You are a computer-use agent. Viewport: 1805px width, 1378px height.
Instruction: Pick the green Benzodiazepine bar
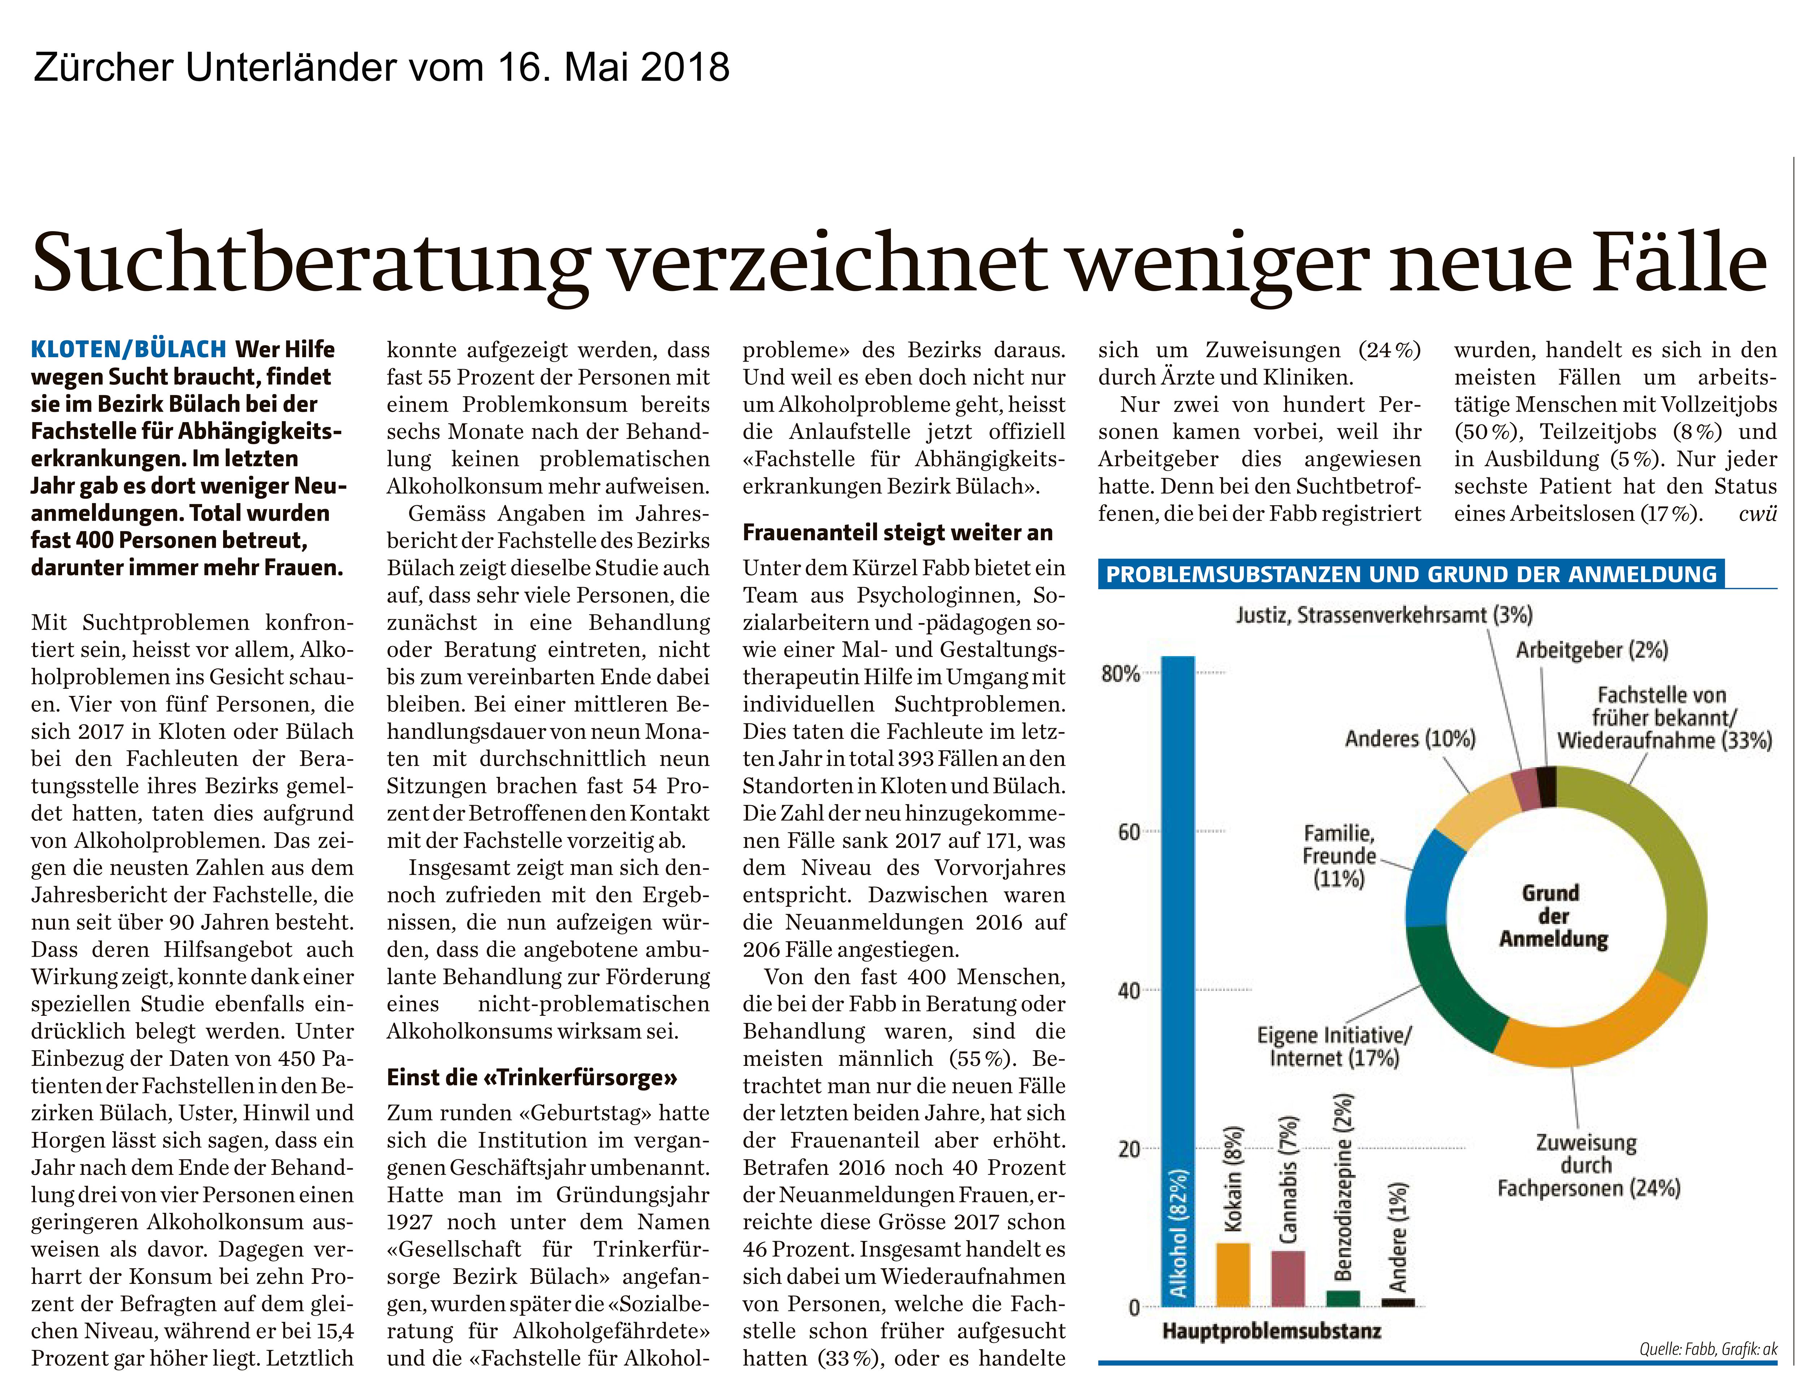1342,1298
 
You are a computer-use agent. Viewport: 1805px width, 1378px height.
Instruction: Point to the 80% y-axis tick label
1120,674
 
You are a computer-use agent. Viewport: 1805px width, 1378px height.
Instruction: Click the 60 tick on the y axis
1128,832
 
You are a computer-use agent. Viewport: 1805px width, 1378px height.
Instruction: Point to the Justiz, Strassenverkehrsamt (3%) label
1384,614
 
